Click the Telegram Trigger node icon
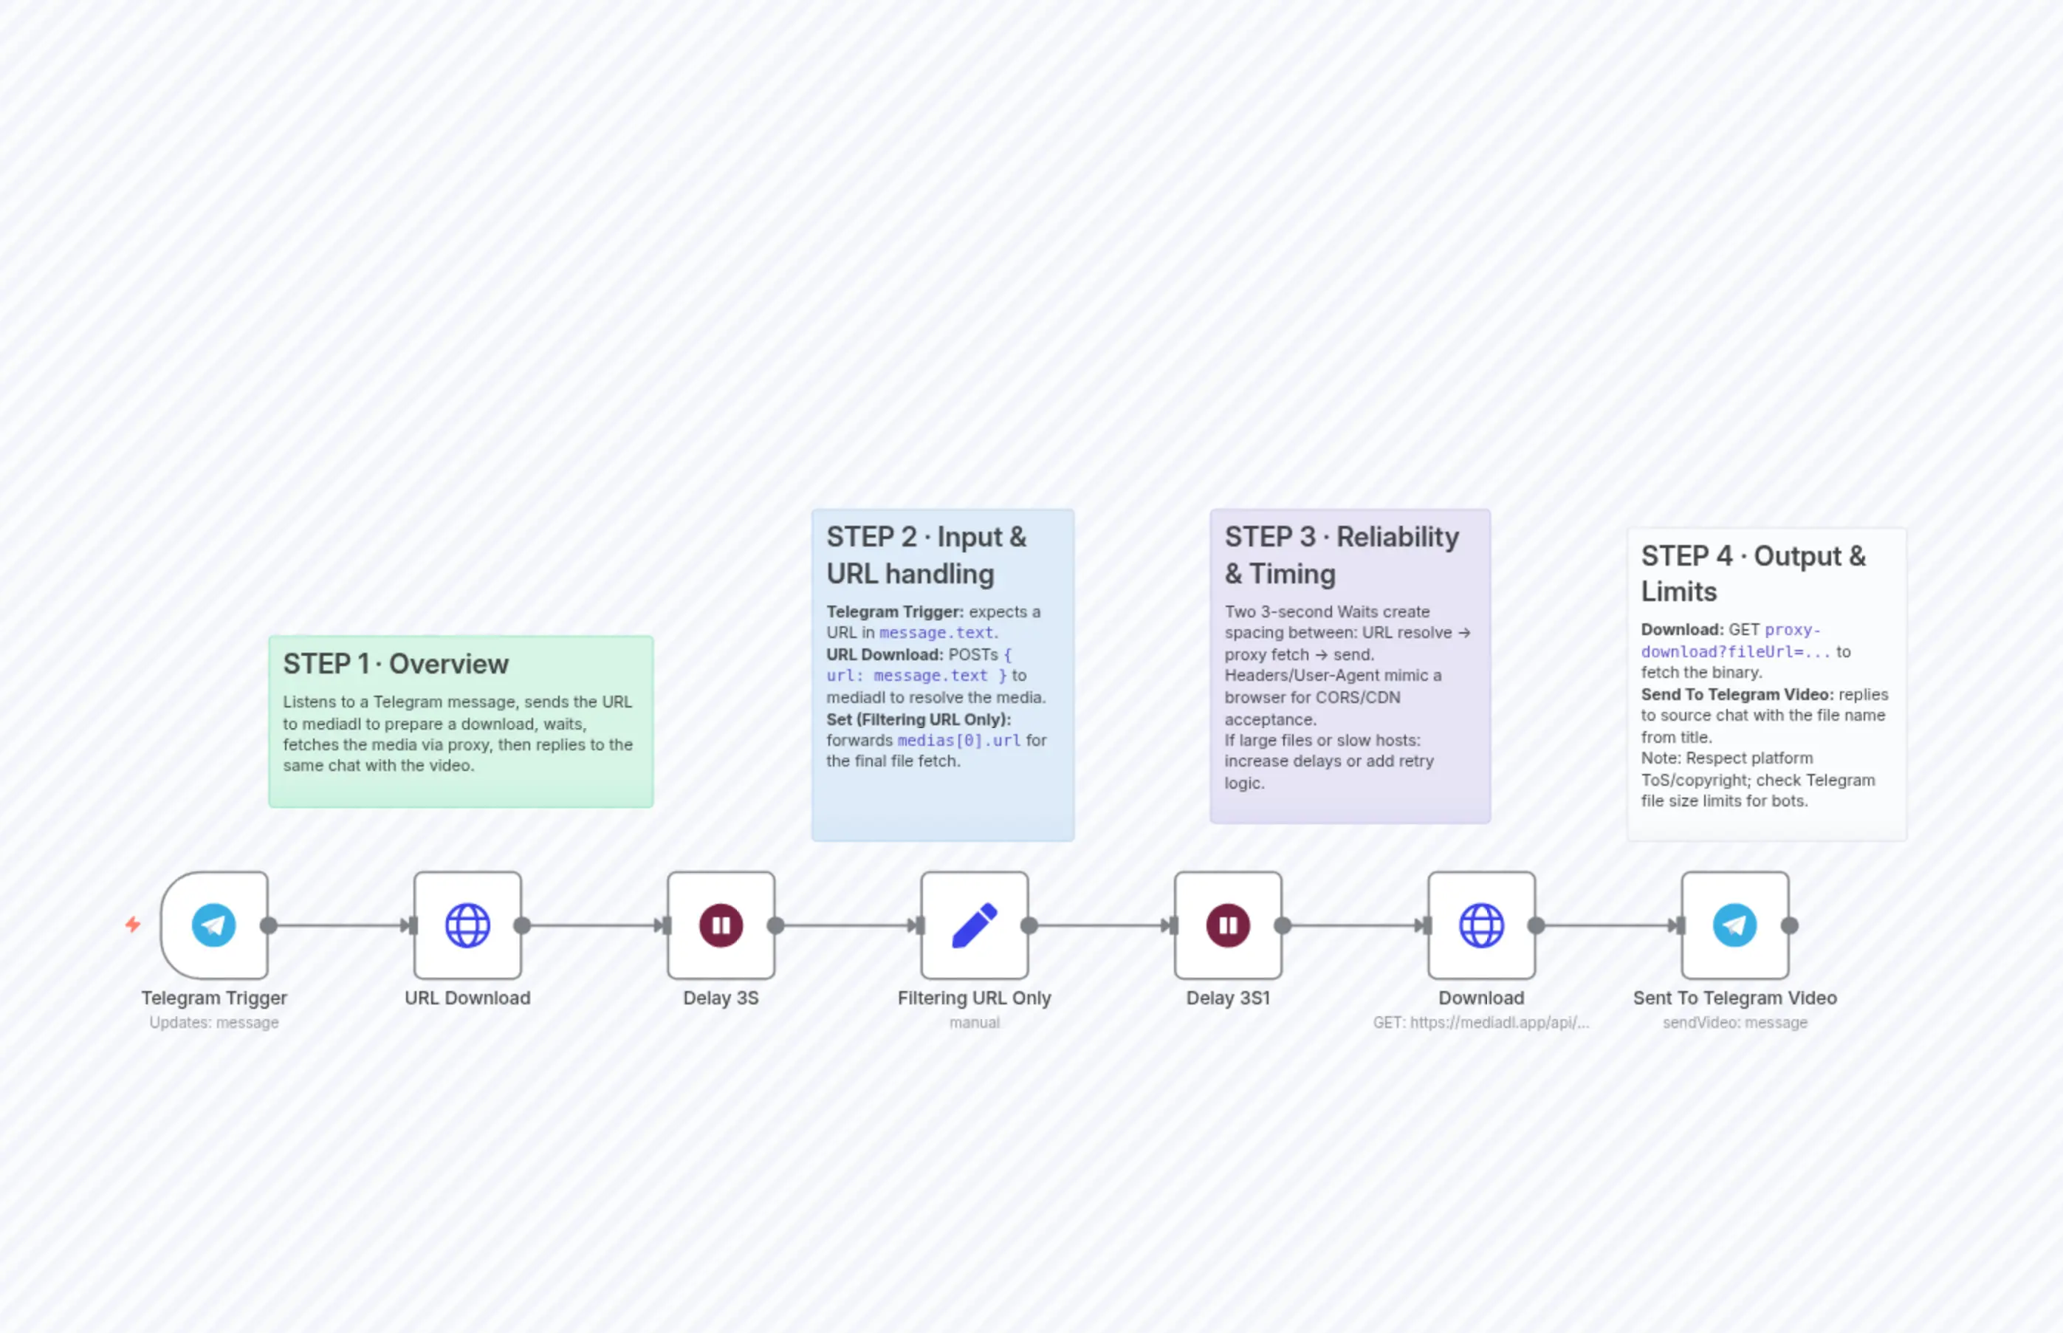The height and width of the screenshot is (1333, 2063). point(213,925)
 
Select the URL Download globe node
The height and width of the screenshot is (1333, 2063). point(467,925)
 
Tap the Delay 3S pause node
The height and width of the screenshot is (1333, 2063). point(721,925)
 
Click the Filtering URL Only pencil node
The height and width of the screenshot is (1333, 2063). point(975,925)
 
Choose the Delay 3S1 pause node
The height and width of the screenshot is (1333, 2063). point(1228,925)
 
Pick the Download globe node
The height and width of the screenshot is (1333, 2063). point(1481,925)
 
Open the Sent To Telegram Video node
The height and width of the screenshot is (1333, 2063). point(1735,925)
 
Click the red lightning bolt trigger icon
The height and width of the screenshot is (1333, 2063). point(132,925)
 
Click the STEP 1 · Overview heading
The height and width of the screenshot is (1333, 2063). point(396,664)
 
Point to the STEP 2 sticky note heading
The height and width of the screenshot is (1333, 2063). point(926,555)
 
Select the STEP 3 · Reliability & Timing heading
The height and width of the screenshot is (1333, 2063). point(1342,555)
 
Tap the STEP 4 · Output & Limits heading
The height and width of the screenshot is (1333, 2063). point(1752,573)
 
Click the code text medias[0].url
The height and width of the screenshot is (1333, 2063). point(959,740)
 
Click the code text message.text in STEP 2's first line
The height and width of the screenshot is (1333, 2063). point(936,633)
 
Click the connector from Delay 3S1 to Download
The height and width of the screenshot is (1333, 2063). point(1354,925)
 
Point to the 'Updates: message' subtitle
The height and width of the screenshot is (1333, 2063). point(213,1022)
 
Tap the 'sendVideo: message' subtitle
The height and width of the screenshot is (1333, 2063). point(1735,1022)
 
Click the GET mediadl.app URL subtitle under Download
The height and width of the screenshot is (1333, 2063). point(1480,1022)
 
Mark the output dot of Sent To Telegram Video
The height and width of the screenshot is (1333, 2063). point(1790,925)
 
